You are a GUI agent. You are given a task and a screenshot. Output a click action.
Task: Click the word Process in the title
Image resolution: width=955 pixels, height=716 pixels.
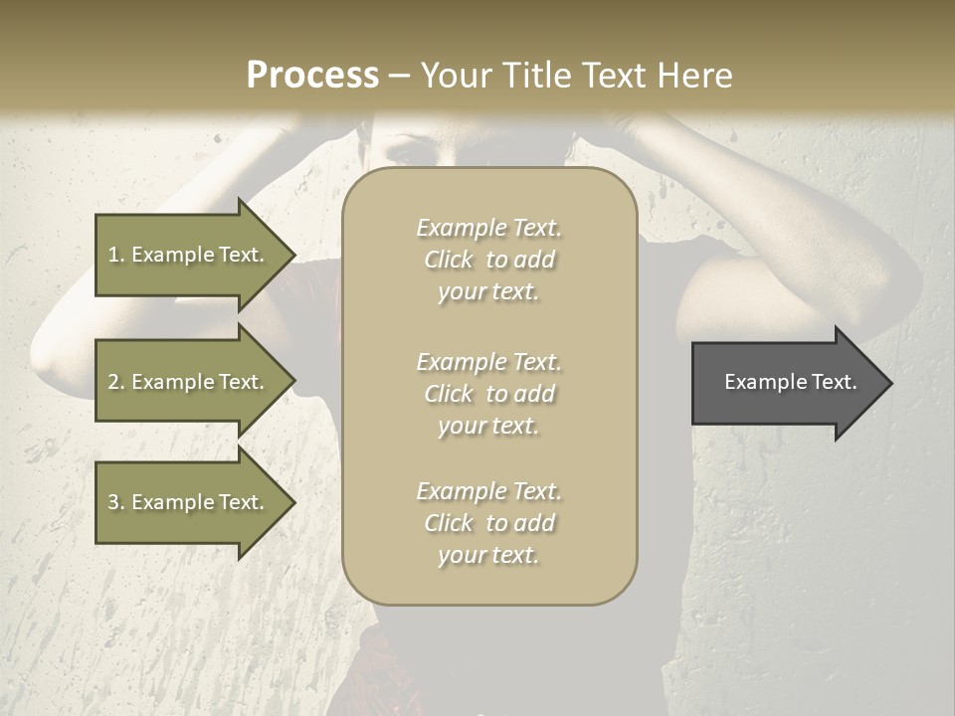pos(312,75)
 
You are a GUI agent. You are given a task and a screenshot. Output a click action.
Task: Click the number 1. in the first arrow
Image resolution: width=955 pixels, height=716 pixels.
pos(116,255)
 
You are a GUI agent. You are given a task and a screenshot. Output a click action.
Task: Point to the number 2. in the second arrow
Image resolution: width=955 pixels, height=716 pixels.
pos(116,382)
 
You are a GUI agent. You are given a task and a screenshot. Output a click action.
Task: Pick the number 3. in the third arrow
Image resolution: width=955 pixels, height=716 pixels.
pos(116,502)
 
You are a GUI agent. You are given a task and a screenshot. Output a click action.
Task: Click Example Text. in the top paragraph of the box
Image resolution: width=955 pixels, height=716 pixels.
pos(489,228)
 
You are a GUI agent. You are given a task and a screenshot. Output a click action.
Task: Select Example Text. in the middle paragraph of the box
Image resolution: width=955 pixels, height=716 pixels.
pos(489,361)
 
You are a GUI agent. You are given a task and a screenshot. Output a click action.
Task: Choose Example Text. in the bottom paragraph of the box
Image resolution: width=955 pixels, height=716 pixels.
pos(489,491)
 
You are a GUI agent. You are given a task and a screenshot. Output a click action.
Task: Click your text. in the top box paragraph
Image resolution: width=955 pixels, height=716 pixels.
pos(488,291)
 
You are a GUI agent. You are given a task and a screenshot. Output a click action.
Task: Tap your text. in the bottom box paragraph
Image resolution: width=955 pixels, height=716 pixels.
pos(488,555)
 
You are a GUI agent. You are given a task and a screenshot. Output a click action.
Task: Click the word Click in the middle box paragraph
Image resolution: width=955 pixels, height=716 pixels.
pos(449,394)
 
